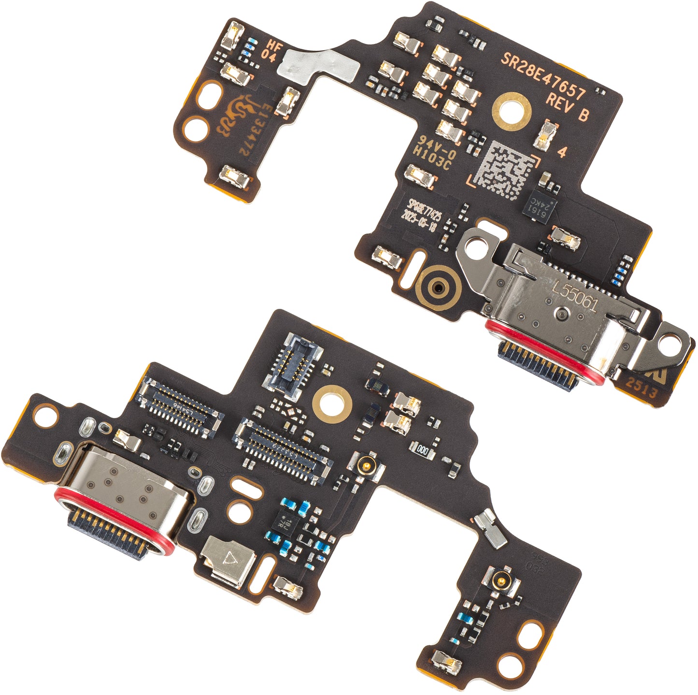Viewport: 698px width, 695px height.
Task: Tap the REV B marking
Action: pos(567,108)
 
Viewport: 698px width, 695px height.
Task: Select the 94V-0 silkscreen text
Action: pos(430,144)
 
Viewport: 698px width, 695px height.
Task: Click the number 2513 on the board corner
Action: pos(642,387)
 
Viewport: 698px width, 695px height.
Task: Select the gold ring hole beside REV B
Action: pos(512,110)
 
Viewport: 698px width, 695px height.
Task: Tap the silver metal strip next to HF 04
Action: pos(319,66)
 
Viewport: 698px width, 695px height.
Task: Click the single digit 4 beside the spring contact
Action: pos(562,152)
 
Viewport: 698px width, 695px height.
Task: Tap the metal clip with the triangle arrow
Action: pos(228,560)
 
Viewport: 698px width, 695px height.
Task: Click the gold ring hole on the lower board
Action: pos(332,403)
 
